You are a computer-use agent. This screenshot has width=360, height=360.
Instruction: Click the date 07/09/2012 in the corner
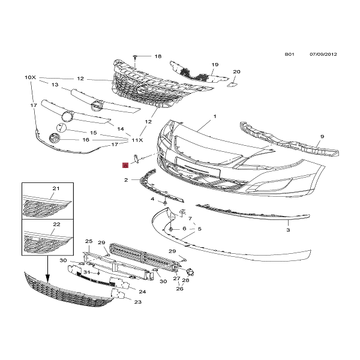point(323,54)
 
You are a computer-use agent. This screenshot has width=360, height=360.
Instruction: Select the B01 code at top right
point(289,54)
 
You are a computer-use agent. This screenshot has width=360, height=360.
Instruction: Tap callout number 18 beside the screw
point(158,56)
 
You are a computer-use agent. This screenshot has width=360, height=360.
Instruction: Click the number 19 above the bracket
point(214,64)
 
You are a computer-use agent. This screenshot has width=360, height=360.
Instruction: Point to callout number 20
point(236,72)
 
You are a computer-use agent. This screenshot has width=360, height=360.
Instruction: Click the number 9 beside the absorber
point(322,137)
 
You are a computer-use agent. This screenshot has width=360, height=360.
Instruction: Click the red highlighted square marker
point(125,164)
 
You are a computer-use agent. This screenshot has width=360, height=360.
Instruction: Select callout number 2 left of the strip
point(126,180)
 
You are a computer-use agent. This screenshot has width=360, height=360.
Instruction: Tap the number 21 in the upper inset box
point(56,189)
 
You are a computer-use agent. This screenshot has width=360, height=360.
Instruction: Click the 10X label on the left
point(31,78)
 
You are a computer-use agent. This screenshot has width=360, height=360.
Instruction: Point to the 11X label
point(137,140)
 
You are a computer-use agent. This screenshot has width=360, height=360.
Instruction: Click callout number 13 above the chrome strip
point(55,86)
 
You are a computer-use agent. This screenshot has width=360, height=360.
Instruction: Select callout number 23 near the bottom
point(137,302)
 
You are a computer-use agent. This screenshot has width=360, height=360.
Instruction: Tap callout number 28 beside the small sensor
point(186,280)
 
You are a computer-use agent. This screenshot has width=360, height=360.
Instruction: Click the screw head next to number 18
point(137,56)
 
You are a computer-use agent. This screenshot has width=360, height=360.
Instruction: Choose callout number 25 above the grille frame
point(88,241)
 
